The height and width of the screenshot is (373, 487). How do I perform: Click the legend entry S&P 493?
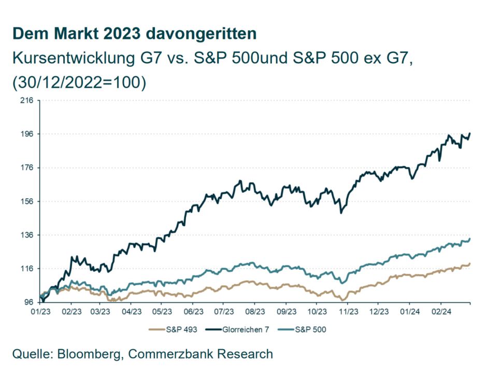(174, 329)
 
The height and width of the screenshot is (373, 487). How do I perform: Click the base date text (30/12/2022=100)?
(79, 82)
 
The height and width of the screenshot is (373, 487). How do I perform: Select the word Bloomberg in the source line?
(92, 354)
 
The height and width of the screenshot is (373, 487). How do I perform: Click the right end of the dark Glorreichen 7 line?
(470, 134)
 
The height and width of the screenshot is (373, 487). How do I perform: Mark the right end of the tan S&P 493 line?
(470, 264)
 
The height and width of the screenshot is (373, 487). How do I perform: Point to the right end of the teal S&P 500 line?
(470, 239)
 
